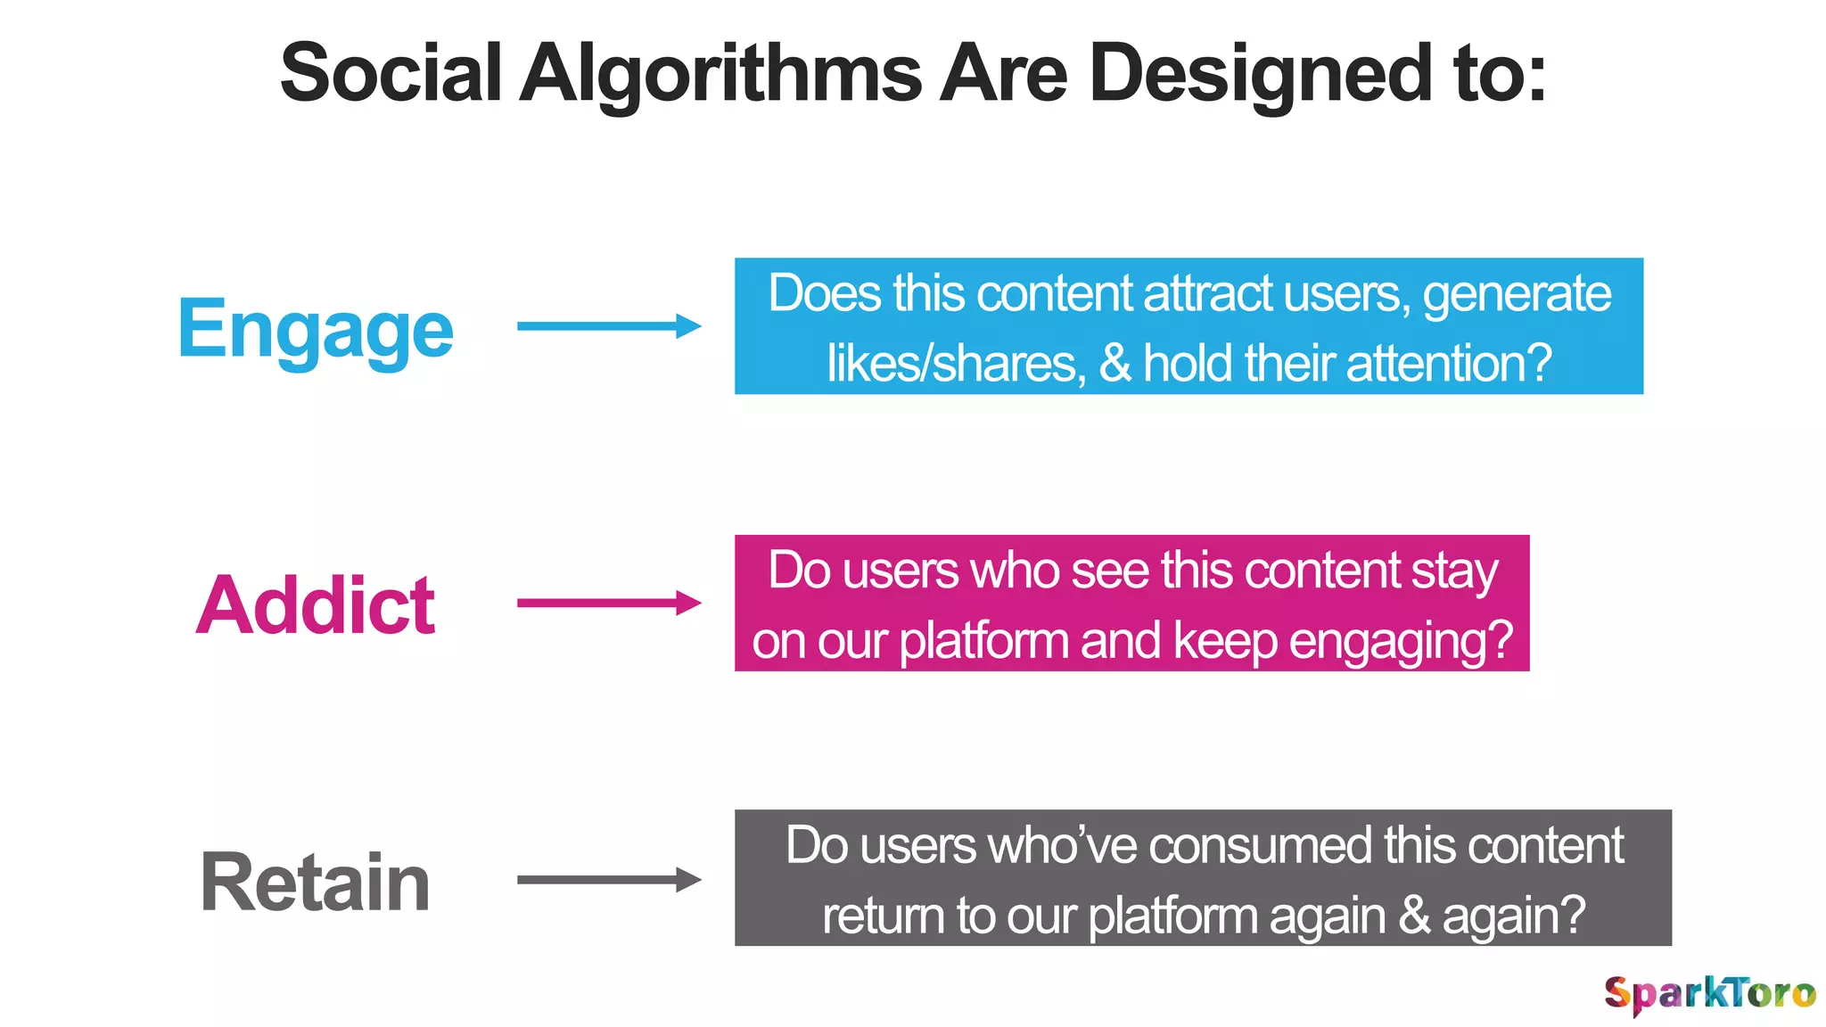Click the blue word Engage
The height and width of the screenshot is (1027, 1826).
316,328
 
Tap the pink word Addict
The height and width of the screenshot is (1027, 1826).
316,605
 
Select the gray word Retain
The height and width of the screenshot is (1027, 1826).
316,882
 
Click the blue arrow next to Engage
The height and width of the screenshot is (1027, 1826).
609,326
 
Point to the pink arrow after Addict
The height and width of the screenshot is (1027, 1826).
609,603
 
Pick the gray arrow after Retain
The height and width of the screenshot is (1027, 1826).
609,880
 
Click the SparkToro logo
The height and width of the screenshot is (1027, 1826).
1709,993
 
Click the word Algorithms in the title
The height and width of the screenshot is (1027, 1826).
720,73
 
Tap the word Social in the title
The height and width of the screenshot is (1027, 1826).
391,73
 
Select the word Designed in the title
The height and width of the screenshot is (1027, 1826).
1262,73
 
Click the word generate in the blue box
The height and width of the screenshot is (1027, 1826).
1517,294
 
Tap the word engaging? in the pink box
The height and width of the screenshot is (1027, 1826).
1401,640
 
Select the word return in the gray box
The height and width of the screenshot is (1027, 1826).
883,915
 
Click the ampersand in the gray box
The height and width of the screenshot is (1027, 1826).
1414,915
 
